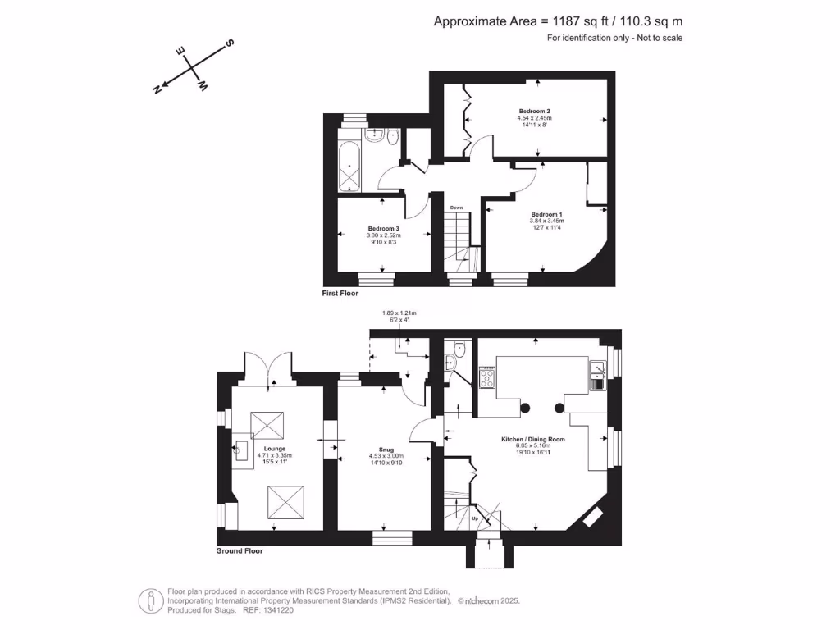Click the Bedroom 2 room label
[534, 111]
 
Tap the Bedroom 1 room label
[546, 214]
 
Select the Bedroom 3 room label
[383, 228]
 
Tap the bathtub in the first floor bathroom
[349, 166]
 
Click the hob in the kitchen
[486, 377]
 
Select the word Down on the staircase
[457, 208]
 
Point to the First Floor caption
[340, 293]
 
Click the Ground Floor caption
[240, 551]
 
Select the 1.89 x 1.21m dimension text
[399, 313]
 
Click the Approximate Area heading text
[558, 21]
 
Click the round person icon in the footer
[148, 600]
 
